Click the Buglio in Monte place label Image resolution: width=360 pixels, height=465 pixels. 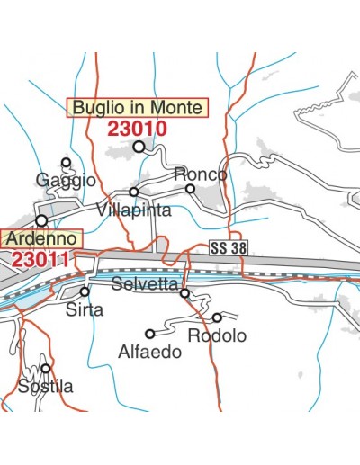138,107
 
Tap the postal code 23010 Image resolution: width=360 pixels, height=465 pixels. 137,128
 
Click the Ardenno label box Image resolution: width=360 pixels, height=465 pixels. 41,239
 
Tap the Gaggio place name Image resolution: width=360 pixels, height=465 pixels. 66,180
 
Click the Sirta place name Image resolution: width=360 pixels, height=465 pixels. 85,309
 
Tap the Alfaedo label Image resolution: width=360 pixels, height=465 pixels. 149,352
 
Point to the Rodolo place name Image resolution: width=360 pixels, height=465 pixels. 217,335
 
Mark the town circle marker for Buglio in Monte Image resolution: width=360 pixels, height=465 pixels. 139,146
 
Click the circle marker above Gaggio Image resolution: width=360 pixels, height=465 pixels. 66,163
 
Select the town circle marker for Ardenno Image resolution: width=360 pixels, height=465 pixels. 40,219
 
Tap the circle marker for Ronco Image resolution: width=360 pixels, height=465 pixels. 190,189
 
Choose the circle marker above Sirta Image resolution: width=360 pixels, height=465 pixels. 85,291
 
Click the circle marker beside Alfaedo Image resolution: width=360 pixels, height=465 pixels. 150,334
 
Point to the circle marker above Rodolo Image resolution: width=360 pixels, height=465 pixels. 217,317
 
